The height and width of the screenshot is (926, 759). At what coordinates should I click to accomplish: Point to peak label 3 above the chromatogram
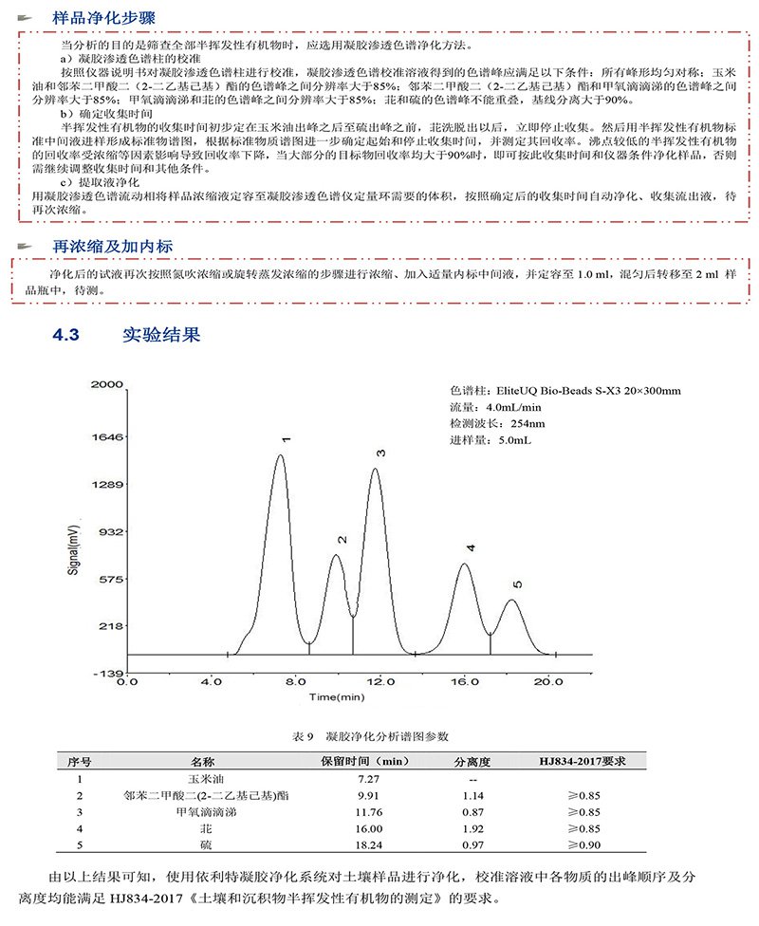click(x=380, y=454)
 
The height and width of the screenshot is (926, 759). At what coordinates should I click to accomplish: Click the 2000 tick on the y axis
click(x=107, y=384)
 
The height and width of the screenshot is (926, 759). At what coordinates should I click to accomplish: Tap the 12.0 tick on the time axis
click(x=379, y=682)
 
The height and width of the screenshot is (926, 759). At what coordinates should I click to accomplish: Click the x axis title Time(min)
click(x=337, y=698)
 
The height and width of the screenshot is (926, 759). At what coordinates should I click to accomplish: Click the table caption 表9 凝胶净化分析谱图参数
click(x=364, y=736)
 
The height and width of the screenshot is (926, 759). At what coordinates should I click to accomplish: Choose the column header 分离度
click(x=472, y=761)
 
